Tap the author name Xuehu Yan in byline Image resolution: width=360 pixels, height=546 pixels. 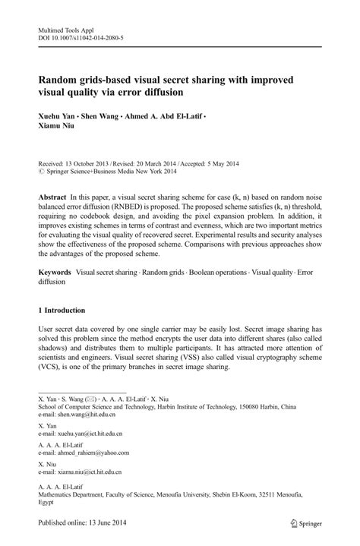pyautogui.click(x=59, y=118)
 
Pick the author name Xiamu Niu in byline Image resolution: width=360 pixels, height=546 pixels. pyautogui.click(x=59, y=130)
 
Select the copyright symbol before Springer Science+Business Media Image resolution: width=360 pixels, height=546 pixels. pyautogui.click(x=41, y=172)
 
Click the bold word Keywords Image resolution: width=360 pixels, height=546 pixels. pyautogui.click(x=57, y=272)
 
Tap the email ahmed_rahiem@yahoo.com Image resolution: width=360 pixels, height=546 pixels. pyautogui.click(x=90, y=453)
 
